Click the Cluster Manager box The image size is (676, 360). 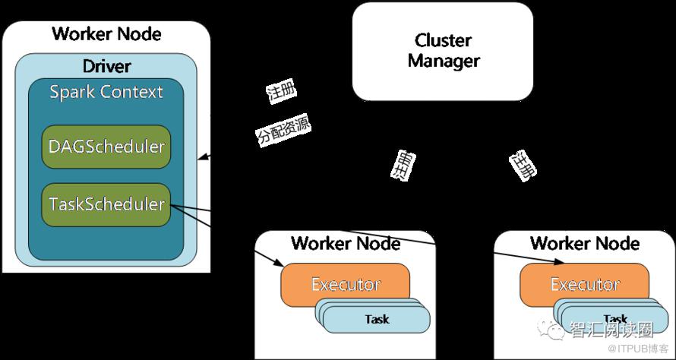[x=444, y=51]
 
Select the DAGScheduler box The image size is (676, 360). [x=106, y=147]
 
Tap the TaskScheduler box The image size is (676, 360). [x=106, y=204]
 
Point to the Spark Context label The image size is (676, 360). [x=106, y=93]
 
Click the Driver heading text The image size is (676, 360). [x=106, y=65]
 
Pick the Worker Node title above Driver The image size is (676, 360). [x=106, y=34]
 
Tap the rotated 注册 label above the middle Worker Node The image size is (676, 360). [x=403, y=165]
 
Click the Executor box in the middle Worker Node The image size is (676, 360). [x=346, y=285]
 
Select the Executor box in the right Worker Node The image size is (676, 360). [x=584, y=285]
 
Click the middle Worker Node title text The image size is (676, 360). [x=346, y=243]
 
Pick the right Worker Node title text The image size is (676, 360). [x=584, y=243]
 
